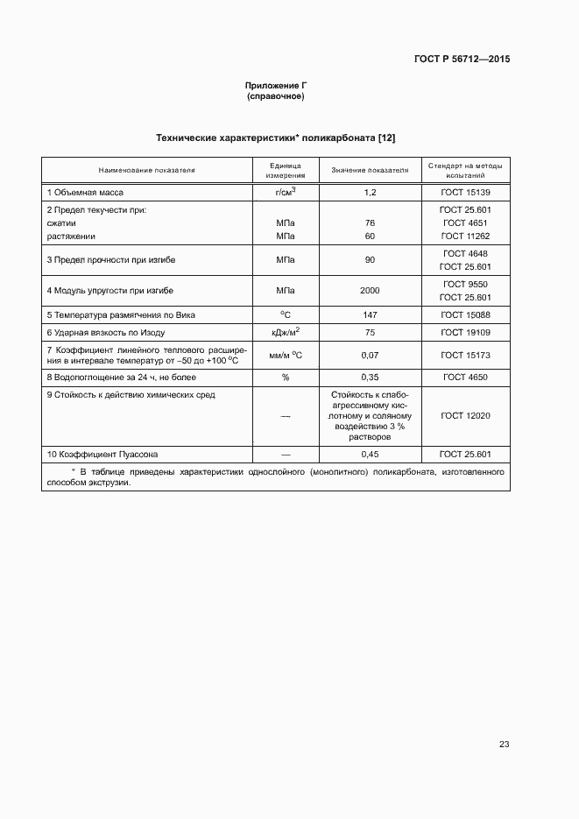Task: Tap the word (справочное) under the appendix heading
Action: click(276, 96)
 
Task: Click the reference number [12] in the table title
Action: click(386, 138)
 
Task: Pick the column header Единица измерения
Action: click(286, 169)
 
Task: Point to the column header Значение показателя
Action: click(370, 169)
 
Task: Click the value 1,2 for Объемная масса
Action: click(370, 192)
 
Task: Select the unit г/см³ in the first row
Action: click(286, 191)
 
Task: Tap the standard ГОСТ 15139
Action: click(465, 192)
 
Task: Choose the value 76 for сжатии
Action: click(370, 223)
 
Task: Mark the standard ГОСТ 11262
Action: click(465, 237)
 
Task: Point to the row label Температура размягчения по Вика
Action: click(120, 314)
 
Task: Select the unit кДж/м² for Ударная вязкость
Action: click(286, 332)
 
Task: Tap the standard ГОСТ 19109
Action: click(465, 333)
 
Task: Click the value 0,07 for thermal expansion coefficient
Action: click(370, 356)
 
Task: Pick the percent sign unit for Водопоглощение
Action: click(286, 378)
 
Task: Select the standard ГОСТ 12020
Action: click(465, 416)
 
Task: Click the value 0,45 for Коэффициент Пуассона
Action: click(370, 455)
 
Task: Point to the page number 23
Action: click(504, 745)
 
